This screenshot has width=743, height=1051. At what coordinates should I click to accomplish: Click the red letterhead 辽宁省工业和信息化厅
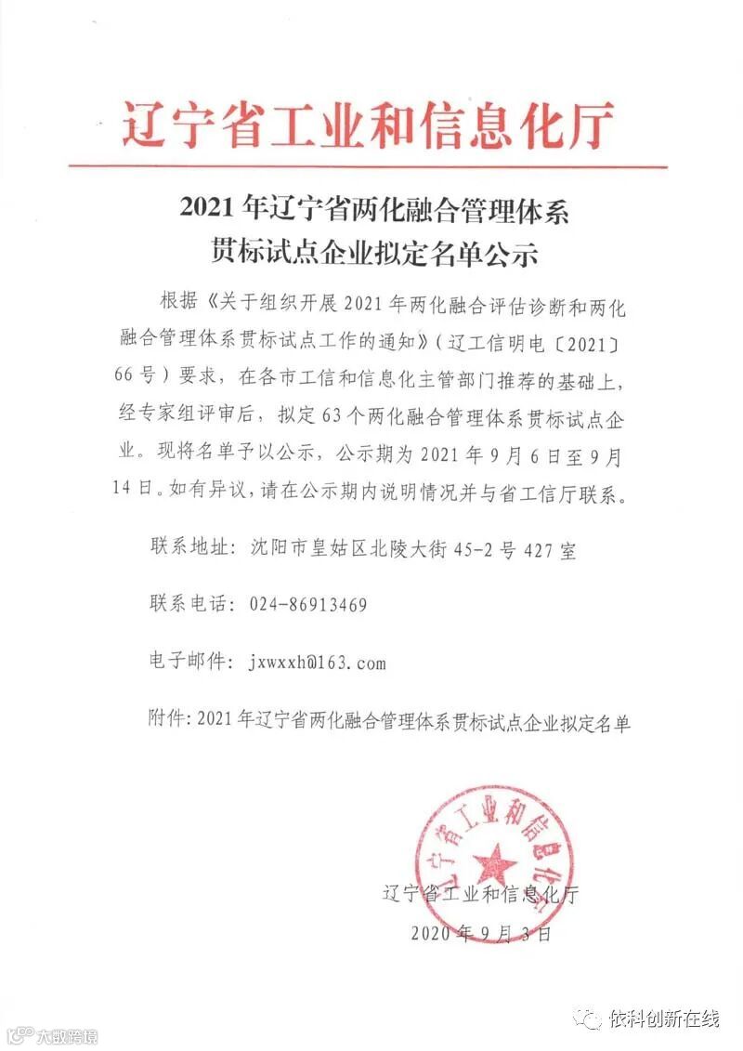369,125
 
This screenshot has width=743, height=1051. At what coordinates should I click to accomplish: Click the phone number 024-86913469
308,605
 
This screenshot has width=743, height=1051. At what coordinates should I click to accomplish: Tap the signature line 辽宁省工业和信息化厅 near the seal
480,895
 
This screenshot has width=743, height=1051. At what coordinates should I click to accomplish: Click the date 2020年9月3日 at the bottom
480,933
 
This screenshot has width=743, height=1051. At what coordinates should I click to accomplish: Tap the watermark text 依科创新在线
664,1019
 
